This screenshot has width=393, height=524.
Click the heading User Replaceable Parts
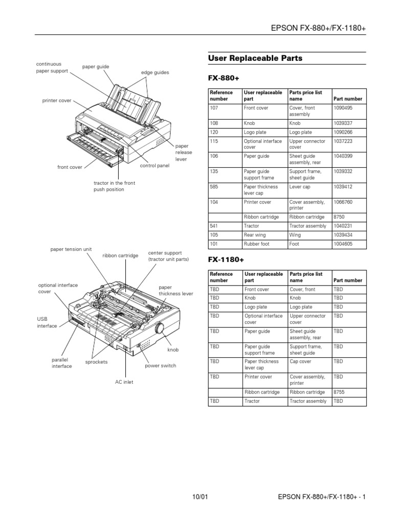click(255, 58)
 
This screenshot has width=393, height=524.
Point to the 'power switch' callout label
click(161, 366)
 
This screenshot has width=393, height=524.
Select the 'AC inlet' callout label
click(124, 382)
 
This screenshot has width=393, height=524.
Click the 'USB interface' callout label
click(47, 322)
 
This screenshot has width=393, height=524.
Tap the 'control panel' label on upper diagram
click(155, 166)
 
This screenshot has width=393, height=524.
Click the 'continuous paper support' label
click(52, 68)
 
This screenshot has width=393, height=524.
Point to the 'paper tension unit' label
click(71, 249)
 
